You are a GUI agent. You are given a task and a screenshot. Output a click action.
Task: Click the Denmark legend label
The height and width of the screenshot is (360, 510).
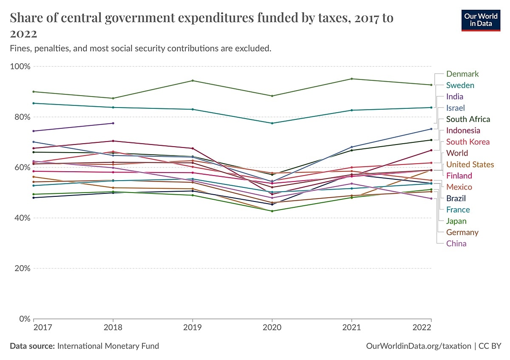click(x=462, y=74)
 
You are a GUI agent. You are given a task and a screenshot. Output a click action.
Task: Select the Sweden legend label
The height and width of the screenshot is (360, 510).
click(x=460, y=85)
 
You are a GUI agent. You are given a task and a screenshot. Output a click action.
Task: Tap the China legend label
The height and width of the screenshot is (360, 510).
click(x=456, y=244)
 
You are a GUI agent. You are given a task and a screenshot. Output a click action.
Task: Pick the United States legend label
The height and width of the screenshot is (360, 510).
click(x=470, y=164)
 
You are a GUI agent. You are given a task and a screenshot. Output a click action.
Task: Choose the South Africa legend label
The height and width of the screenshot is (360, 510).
click(x=468, y=119)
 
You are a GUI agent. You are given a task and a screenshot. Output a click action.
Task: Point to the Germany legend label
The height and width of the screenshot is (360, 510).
click(x=462, y=232)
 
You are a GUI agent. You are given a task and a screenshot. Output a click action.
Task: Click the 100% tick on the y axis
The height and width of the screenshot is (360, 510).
click(x=20, y=67)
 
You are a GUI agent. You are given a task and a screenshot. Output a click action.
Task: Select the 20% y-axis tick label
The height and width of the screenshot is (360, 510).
click(x=22, y=269)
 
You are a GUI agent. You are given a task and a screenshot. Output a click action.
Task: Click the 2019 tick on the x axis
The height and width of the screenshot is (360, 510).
click(x=193, y=328)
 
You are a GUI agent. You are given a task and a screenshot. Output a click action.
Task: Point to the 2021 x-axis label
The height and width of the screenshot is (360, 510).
click(x=351, y=328)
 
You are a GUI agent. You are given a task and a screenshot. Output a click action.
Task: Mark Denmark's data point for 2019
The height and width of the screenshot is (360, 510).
click(x=193, y=81)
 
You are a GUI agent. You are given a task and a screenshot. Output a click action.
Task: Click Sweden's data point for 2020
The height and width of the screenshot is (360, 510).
click(x=272, y=123)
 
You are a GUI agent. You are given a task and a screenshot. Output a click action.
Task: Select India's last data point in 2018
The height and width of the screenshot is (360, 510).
click(x=113, y=123)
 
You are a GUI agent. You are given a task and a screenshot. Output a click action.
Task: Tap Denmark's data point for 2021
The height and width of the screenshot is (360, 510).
click(x=351, y=79)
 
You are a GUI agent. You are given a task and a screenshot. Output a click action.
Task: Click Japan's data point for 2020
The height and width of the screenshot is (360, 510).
click(x=272, y=211)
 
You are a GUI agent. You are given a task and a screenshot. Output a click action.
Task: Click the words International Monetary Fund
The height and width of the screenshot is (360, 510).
click(x=108, y=346)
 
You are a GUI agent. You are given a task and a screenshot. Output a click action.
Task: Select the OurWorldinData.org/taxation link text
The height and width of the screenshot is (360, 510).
click(x=419, y=346)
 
